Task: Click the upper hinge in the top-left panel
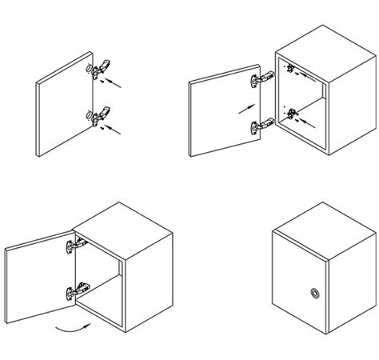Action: [x=101, y=72]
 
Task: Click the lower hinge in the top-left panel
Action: [x=101, y=117]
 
